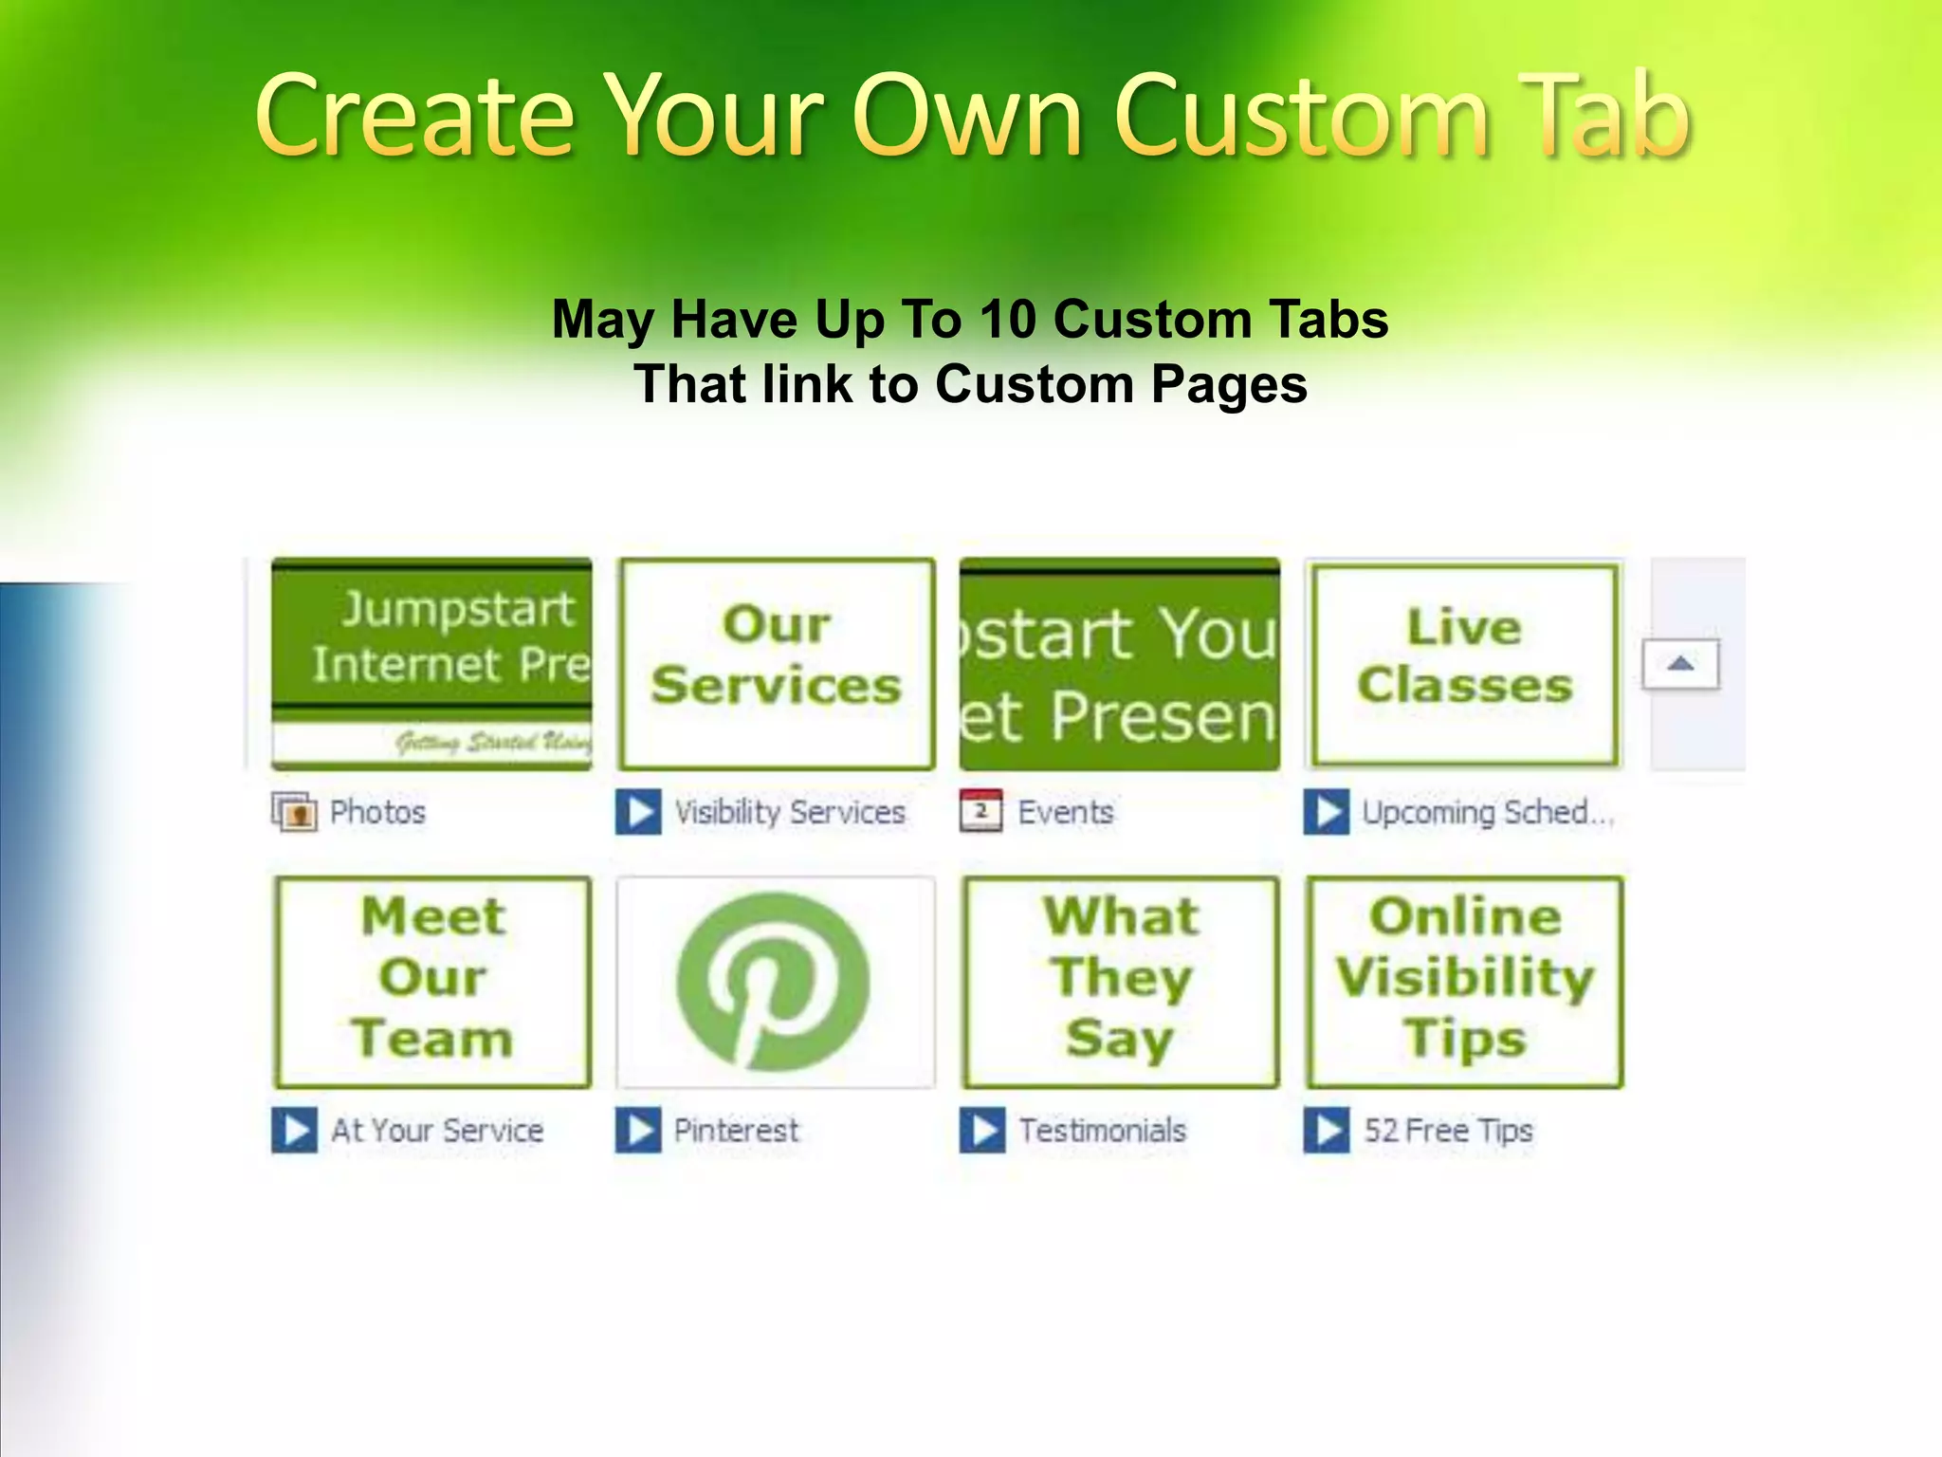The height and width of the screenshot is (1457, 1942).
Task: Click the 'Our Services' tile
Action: pos(777,663)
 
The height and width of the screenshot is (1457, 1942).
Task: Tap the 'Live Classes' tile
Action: pos(1464,663)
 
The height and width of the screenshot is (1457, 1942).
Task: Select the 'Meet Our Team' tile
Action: pos(432,981)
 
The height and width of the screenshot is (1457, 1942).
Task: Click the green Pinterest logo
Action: pos(774,981)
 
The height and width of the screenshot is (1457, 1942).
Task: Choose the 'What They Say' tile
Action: pos(1121,981)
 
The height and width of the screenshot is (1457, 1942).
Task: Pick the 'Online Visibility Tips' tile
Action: pos(1465,981)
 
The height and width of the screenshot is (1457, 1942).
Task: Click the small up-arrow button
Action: pos(1680,664)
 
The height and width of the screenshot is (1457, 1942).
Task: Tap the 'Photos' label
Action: pos(377,812)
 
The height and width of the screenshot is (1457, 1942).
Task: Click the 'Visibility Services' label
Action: pos(790,812)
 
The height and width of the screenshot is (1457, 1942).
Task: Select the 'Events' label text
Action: pos(1066,812)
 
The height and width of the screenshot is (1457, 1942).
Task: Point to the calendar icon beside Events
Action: pos(980,811)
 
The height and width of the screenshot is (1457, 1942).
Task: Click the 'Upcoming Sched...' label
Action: pos(1487,812)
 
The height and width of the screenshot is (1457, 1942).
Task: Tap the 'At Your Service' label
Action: pos(437,1130)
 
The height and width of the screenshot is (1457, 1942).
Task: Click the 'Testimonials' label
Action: pos(1103,1130)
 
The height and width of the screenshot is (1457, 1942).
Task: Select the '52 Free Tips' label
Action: pos(1448,1130)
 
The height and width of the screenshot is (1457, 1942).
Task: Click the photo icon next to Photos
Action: pos(295,812)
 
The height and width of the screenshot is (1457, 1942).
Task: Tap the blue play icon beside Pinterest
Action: pos(638,1130)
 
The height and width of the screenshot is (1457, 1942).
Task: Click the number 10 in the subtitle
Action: pos(1008,320)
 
